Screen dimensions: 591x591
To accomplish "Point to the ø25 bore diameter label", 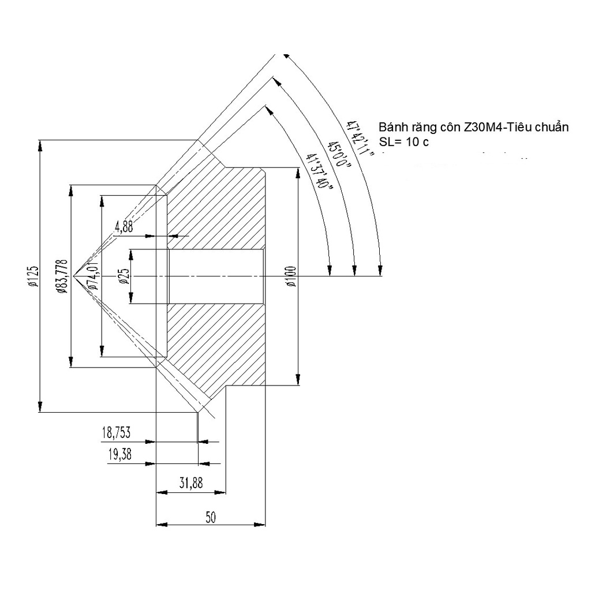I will (123, 277).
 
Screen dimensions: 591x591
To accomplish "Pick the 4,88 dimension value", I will (124, 227).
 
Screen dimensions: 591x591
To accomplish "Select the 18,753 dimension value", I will (116, 433).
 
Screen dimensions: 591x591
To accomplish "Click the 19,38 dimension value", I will (119, 455).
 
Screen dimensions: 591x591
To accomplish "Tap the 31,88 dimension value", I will (190, 484).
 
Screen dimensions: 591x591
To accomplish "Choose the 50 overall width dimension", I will (210, 517).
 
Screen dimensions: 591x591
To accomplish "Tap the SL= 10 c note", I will (404, 142).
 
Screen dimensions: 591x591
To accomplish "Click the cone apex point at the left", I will (73, 276).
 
